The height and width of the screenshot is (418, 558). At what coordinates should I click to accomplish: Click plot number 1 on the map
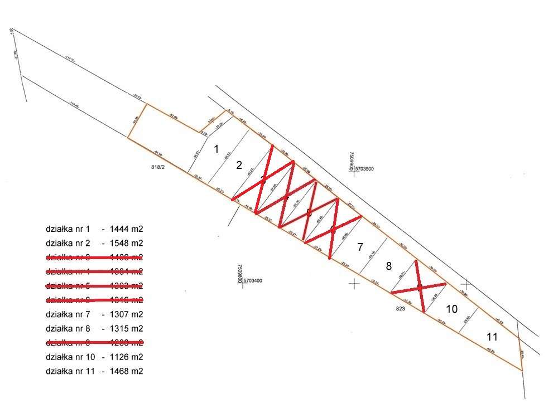coord(217,149)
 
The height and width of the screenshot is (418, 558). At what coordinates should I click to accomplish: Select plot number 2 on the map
coord(239,165)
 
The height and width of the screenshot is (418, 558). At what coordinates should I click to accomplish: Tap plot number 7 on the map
coord(360,246)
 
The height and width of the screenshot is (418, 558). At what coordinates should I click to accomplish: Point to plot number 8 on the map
coord(389,265)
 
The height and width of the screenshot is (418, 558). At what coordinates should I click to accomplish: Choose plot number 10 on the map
coord(452,309)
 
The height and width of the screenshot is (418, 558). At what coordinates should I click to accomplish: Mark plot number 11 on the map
coord(492,337)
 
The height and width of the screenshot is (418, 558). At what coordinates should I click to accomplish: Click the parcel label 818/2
coord(159,167)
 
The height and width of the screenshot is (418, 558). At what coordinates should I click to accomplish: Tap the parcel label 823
coord(400,308)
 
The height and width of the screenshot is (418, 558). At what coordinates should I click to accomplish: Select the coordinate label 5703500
coord(368,168)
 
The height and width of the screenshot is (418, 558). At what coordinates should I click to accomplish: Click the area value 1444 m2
coord(127,229)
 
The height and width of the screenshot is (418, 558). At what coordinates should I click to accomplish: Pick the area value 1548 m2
coord(127,243)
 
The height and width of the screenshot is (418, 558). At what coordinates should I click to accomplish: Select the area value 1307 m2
coord(127,314)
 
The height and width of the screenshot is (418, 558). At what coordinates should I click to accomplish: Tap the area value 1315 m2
coord(127,328)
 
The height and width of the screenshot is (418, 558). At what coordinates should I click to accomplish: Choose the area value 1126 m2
coord(127,357)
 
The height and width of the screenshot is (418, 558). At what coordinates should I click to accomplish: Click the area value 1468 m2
coord(127,371)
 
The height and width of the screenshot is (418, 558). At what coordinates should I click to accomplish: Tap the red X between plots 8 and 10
coord(420,288)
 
